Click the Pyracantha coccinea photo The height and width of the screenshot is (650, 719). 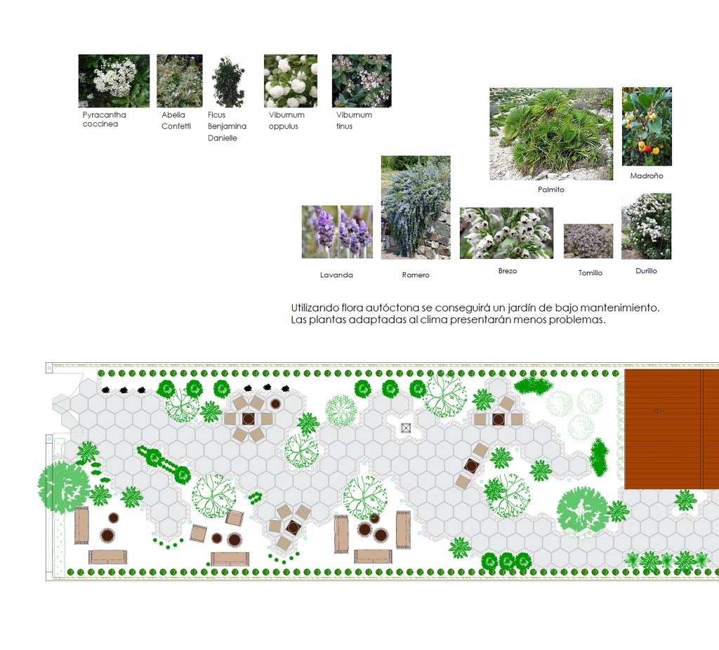[114, 81]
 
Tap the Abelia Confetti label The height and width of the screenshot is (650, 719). [176, 121]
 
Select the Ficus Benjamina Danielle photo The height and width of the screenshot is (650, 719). [228, 81]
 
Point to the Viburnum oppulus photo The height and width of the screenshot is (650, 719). [290, 81]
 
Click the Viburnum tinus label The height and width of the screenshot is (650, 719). [354, 121]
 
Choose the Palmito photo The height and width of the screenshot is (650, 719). [551, 134]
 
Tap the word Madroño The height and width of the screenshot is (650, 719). [647, 175]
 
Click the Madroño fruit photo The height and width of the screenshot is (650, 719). [647, 126]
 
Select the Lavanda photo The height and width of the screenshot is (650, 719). [337, 232]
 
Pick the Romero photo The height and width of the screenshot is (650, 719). [416, 208]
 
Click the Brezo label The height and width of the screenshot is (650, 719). [508, 271]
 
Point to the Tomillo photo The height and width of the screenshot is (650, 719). [588, 241]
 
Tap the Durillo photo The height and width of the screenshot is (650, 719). [647, 227]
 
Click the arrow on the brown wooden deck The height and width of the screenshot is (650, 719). [658, 411]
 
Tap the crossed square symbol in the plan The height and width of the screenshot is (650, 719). [405, 428]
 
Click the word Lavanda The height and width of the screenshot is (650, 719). [336, 275]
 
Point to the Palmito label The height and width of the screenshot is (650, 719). [551, 190]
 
